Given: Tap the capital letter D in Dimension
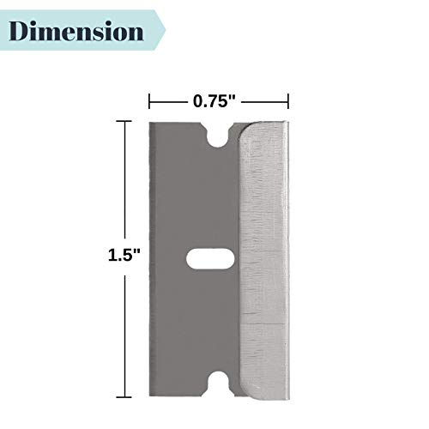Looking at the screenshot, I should (24, 32).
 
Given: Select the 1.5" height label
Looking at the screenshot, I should (124, 256).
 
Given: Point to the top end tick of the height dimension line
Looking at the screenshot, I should (127, 121).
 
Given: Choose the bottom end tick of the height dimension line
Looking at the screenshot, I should (127, 396).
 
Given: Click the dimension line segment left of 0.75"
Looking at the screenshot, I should (170, 100).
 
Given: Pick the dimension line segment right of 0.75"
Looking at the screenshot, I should (263, 100).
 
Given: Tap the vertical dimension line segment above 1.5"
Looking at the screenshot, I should (127, 180).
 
